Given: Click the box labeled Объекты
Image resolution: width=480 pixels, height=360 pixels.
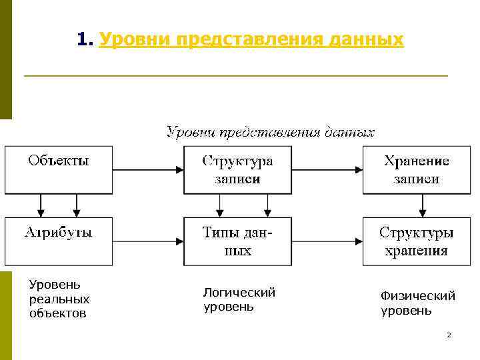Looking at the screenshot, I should pos(58,169).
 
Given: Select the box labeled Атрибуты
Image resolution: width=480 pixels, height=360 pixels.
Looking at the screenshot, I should pos(58,241).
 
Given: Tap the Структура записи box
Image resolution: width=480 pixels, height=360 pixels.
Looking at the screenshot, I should pos(237,169).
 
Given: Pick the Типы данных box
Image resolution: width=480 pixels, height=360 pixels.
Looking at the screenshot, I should pos(237,241).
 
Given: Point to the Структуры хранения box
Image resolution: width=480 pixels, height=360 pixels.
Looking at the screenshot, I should pos(417,241).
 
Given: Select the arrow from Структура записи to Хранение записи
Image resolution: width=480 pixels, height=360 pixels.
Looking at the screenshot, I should pos(327,170).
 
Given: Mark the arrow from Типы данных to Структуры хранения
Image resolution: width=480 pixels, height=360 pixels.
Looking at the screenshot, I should pos(327,241).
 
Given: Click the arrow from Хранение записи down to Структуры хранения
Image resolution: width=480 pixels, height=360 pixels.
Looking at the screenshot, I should pos(421,205).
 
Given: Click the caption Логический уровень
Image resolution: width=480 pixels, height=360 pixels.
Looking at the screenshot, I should pos(239,299).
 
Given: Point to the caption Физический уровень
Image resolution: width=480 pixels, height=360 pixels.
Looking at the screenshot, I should pos(417,303).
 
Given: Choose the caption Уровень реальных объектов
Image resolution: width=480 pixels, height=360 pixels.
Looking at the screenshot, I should pos(59,299).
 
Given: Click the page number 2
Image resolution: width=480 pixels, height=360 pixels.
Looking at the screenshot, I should pos(449,334).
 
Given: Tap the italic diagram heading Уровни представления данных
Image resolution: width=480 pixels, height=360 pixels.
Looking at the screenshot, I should pos(270,132).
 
